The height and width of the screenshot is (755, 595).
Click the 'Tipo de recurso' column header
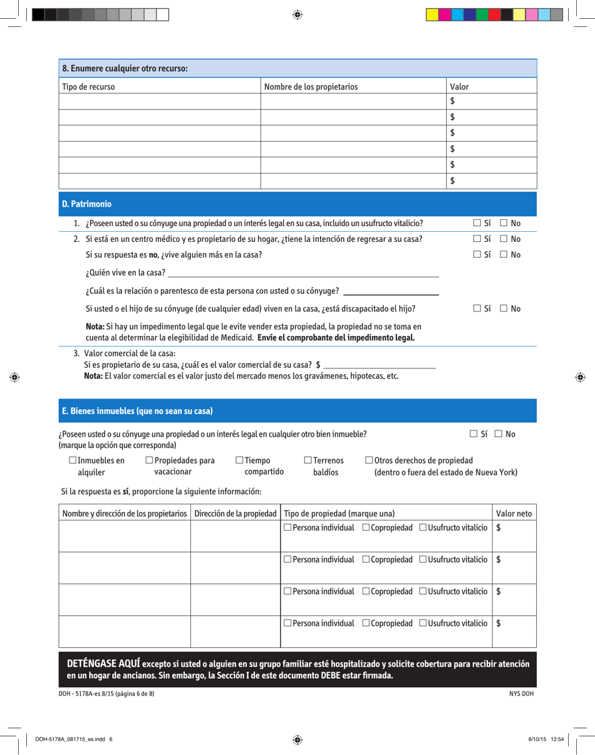tap(88, 86)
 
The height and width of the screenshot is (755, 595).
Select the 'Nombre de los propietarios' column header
tap(311, 86)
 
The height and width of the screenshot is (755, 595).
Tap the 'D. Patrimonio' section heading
tap(86, 204)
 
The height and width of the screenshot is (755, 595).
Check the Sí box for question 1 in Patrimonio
tap(477, 224)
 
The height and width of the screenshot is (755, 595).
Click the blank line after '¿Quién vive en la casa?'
tap(304, 273)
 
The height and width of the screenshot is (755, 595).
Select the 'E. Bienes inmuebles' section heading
tap(137, 412)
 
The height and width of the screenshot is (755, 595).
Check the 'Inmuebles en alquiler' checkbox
tap(63, 461)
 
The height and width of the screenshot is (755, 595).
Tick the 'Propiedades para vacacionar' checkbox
tap(149, 461)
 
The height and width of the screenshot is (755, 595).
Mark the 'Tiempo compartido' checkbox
tap(239, 461)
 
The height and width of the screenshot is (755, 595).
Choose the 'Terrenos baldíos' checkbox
tap(308, 461)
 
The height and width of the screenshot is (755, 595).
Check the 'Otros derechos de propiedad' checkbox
tap(369, 461)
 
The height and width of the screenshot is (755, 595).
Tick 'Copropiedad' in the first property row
tap(365, 528)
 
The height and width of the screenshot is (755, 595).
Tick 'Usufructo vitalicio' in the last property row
tap(423, 623)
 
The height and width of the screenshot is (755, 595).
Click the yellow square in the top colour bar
tap(432, 14)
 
